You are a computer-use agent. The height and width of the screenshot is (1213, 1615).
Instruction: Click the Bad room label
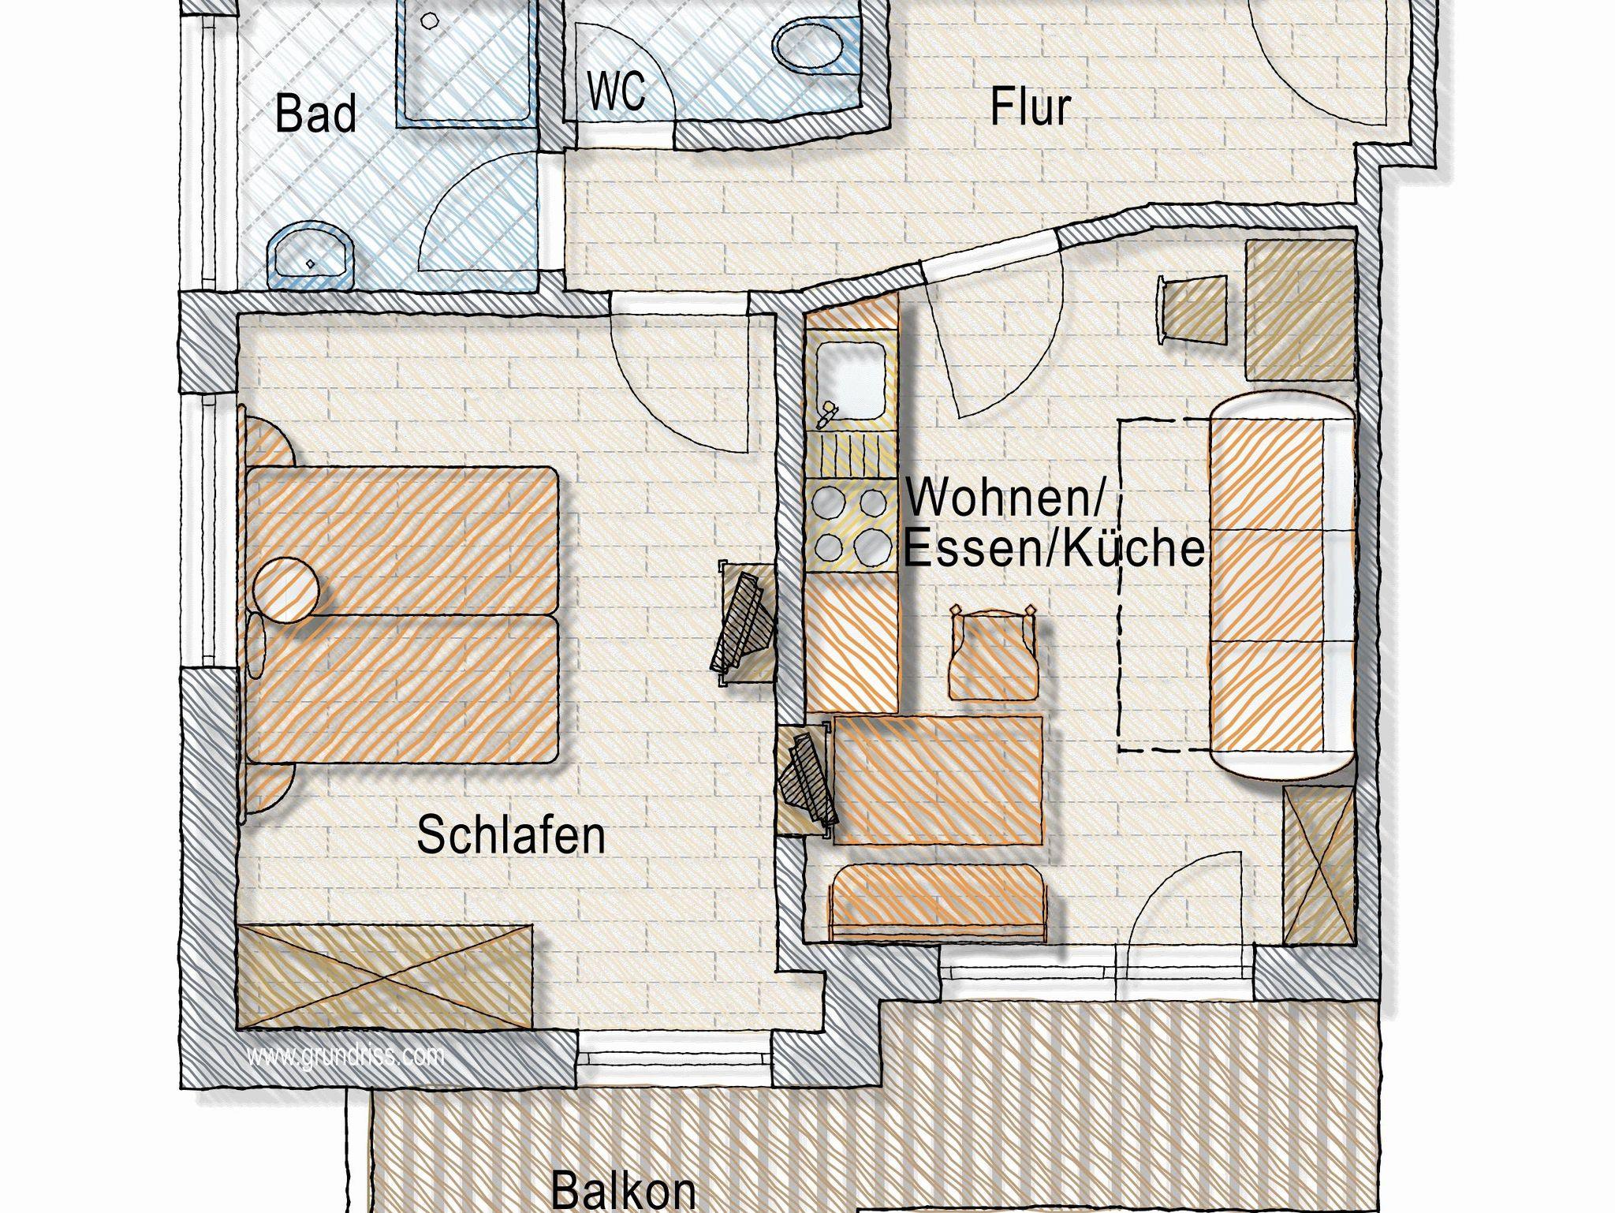click(315, 115)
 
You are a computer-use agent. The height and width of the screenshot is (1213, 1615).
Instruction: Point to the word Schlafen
click(511, 835)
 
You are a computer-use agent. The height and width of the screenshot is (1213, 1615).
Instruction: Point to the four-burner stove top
click(850, 524)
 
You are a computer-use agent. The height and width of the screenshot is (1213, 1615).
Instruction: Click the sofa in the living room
click(1281, 587)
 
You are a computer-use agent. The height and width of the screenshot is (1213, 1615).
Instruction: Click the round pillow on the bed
click(287, 588)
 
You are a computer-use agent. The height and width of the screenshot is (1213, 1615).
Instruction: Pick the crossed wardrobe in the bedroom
click(385, 976)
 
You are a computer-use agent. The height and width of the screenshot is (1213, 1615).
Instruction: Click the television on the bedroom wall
click(742, 623)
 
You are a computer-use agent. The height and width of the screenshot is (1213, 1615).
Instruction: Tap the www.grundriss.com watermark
click(346, 1055)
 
